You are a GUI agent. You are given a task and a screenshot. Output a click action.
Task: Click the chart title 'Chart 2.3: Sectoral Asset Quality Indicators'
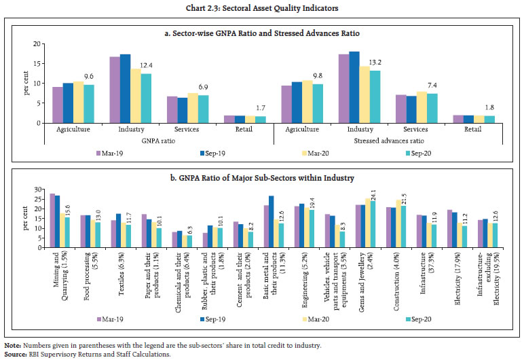[261, 7]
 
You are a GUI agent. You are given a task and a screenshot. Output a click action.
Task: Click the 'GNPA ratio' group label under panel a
[154, 143]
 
